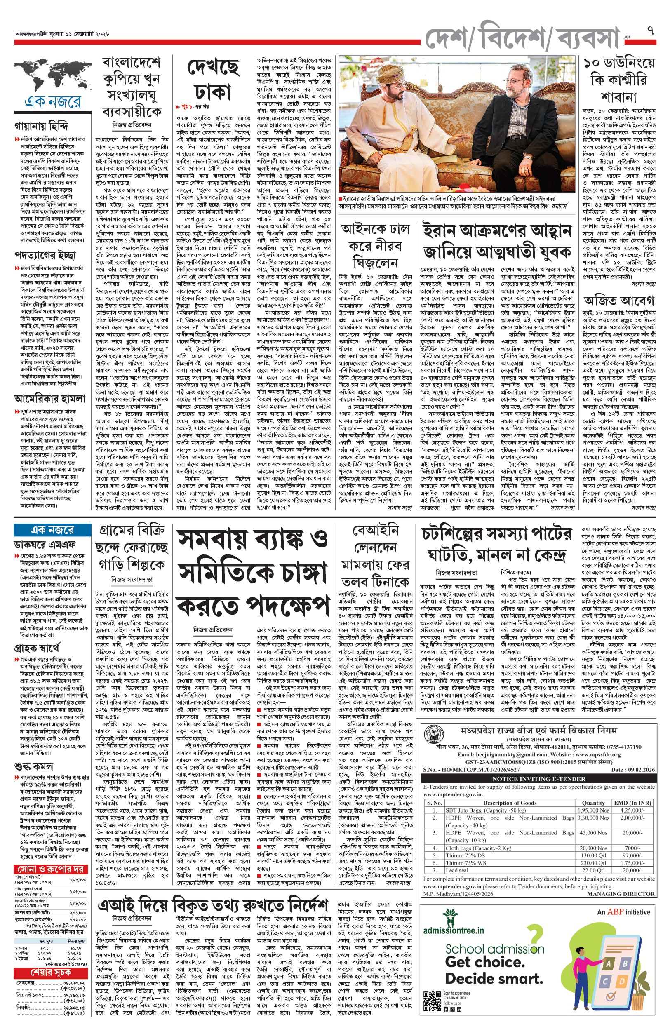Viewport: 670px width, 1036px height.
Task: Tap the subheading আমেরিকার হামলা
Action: (x=49, y=398)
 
